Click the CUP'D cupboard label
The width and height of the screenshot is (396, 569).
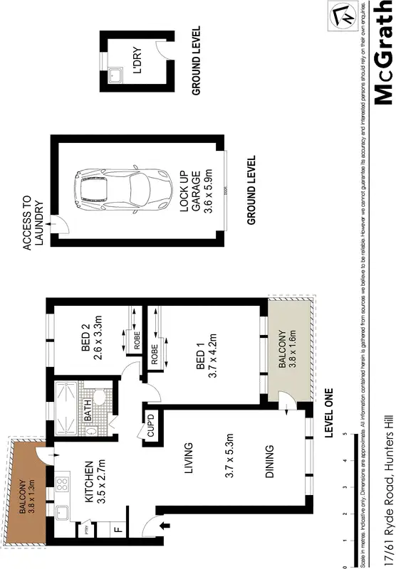(x=151, y=426)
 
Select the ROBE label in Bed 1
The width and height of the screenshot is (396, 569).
(x=155, y=354)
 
